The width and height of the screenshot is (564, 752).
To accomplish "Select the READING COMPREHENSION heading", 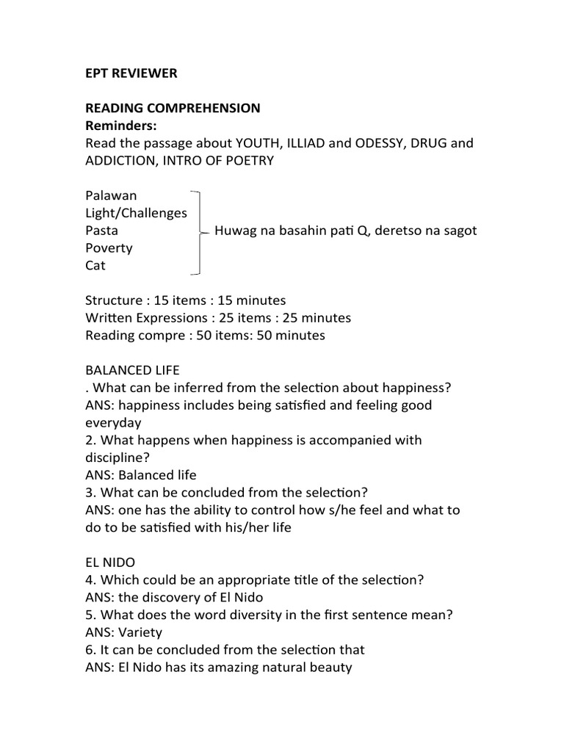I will pyautogui.click(x=173, y=108).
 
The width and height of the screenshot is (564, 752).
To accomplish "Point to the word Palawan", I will pyautogui.click(x=111, y=195).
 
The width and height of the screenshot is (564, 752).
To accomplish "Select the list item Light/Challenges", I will pyautogui.click(x=136, y=213).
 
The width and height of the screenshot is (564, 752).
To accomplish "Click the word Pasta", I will pyautogui.click(x=101, y=231).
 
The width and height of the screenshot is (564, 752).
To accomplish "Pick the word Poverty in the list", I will pyautogui.click(x=109, y=248).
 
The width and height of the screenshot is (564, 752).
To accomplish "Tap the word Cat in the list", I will pyautogui.click(x=95, y=266).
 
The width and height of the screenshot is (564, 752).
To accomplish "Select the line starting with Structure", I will pyautogui.click(x=185, y=300).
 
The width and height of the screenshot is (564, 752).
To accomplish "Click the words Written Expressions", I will pyautogui.click(x=145, y=318).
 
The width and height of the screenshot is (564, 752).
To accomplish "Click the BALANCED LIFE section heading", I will pyautogui.click(x=132, y=370).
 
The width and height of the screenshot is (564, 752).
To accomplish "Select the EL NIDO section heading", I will pyautogui.click(x=110, y=563).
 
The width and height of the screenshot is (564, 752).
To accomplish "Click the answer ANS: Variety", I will pyautogui.click(x=124, y=632).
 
